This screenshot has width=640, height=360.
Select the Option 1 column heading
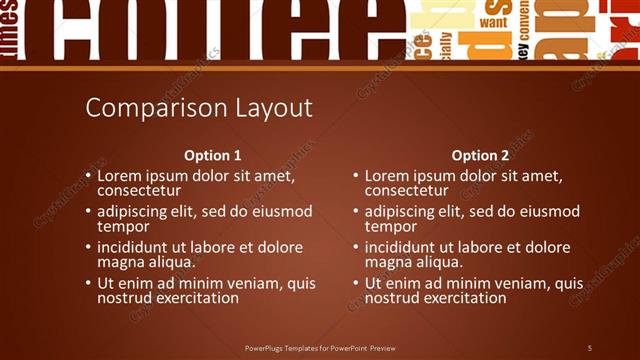click(x=213, y=156)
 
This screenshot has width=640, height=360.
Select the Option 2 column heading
click(x=480, y=156)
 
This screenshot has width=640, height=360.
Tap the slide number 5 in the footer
click(x=589, y=347)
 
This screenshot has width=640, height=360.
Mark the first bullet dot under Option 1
click(x=88, y=175)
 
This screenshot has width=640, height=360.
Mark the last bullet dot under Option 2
click(x=355, y=284)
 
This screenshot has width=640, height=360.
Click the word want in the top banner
click(x=493, y=21)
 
